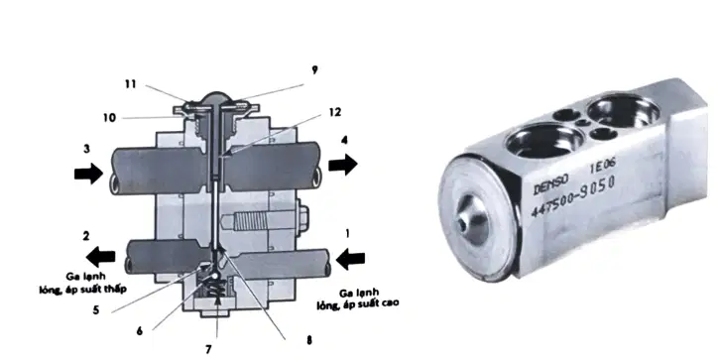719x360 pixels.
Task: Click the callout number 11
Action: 131,84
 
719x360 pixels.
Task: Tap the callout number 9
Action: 314,70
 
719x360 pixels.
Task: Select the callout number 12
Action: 335,112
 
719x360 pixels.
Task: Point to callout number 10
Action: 109,118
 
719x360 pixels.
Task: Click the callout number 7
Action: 208,349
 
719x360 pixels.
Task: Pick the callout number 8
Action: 309,341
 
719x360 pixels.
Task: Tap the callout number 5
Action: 96,310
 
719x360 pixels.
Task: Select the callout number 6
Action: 140,330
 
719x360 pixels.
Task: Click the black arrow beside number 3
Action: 89,174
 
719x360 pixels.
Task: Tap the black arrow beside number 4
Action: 343,165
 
